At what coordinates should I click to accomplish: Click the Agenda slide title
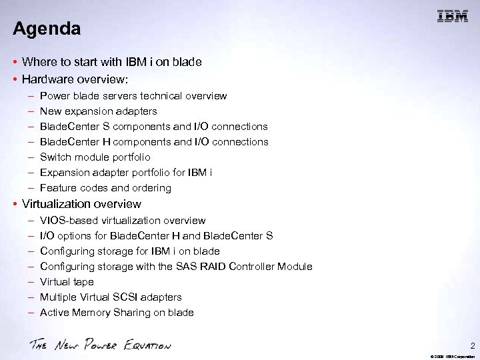47,29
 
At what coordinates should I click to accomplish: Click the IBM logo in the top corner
452,17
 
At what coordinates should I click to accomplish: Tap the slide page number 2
473,346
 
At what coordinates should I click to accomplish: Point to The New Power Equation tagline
100,345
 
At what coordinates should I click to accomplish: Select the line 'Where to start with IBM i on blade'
111,62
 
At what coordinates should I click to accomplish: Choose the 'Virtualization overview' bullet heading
81,204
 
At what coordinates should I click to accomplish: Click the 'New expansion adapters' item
98,111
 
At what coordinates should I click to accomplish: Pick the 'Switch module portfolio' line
95,157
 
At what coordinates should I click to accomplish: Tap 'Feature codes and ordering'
105,188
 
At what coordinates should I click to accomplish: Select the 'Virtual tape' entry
67,282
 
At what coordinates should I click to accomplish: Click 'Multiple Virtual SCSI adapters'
111,297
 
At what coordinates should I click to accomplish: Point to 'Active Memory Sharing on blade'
117,313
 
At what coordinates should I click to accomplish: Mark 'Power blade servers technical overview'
133,96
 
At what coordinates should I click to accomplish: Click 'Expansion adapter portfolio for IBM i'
126,173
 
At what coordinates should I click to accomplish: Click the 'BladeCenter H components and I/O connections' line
154,142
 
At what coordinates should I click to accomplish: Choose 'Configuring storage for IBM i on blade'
129,251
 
